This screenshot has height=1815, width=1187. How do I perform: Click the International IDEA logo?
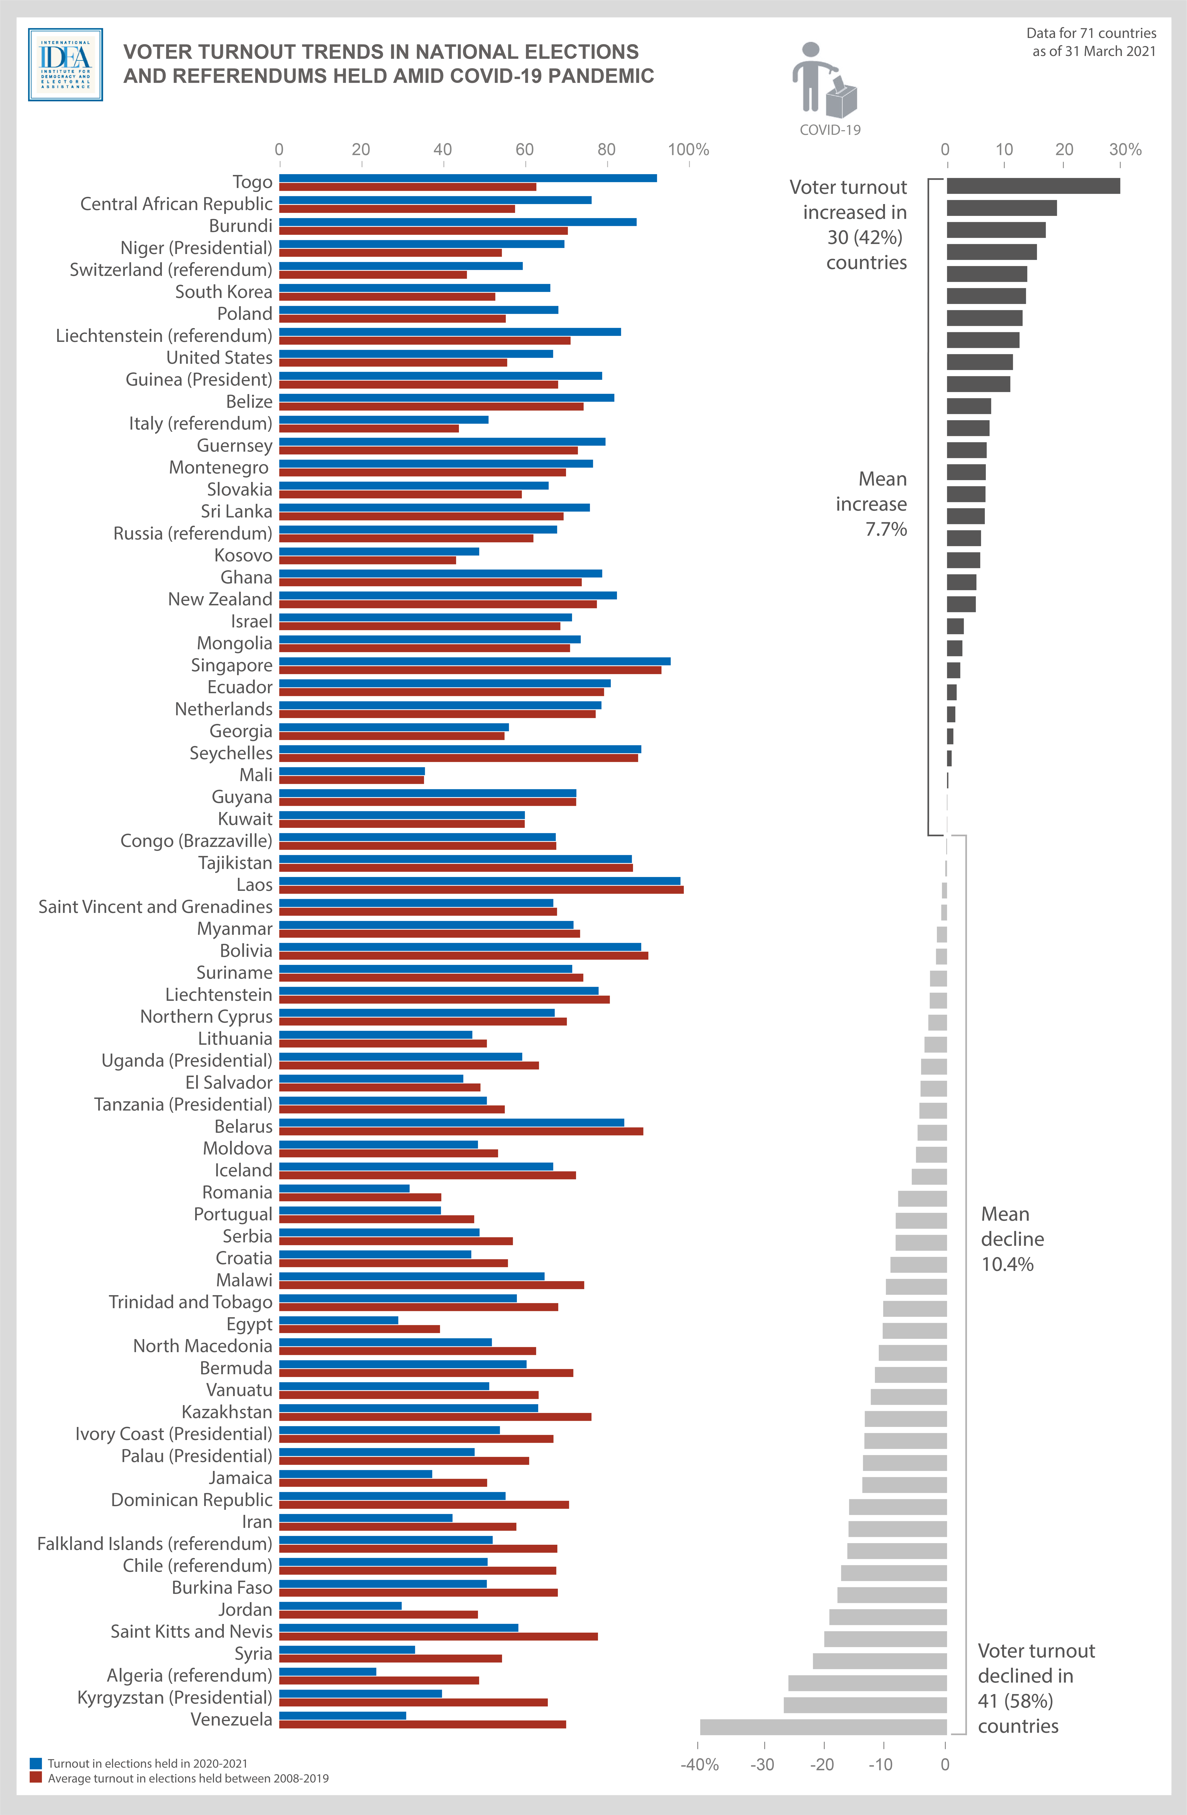[66, 65]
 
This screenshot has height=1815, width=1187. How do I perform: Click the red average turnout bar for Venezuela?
[422, 1724]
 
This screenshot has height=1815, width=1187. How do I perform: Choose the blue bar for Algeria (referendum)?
[328, 1672]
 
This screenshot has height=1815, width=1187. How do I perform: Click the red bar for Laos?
[481, 889]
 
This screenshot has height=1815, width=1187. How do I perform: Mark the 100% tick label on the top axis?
[688, 149]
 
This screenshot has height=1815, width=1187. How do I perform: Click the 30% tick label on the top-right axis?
[1125, 149]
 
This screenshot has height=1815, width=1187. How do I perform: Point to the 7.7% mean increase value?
[886, 529]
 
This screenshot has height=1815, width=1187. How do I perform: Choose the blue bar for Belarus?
[451, 1122]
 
